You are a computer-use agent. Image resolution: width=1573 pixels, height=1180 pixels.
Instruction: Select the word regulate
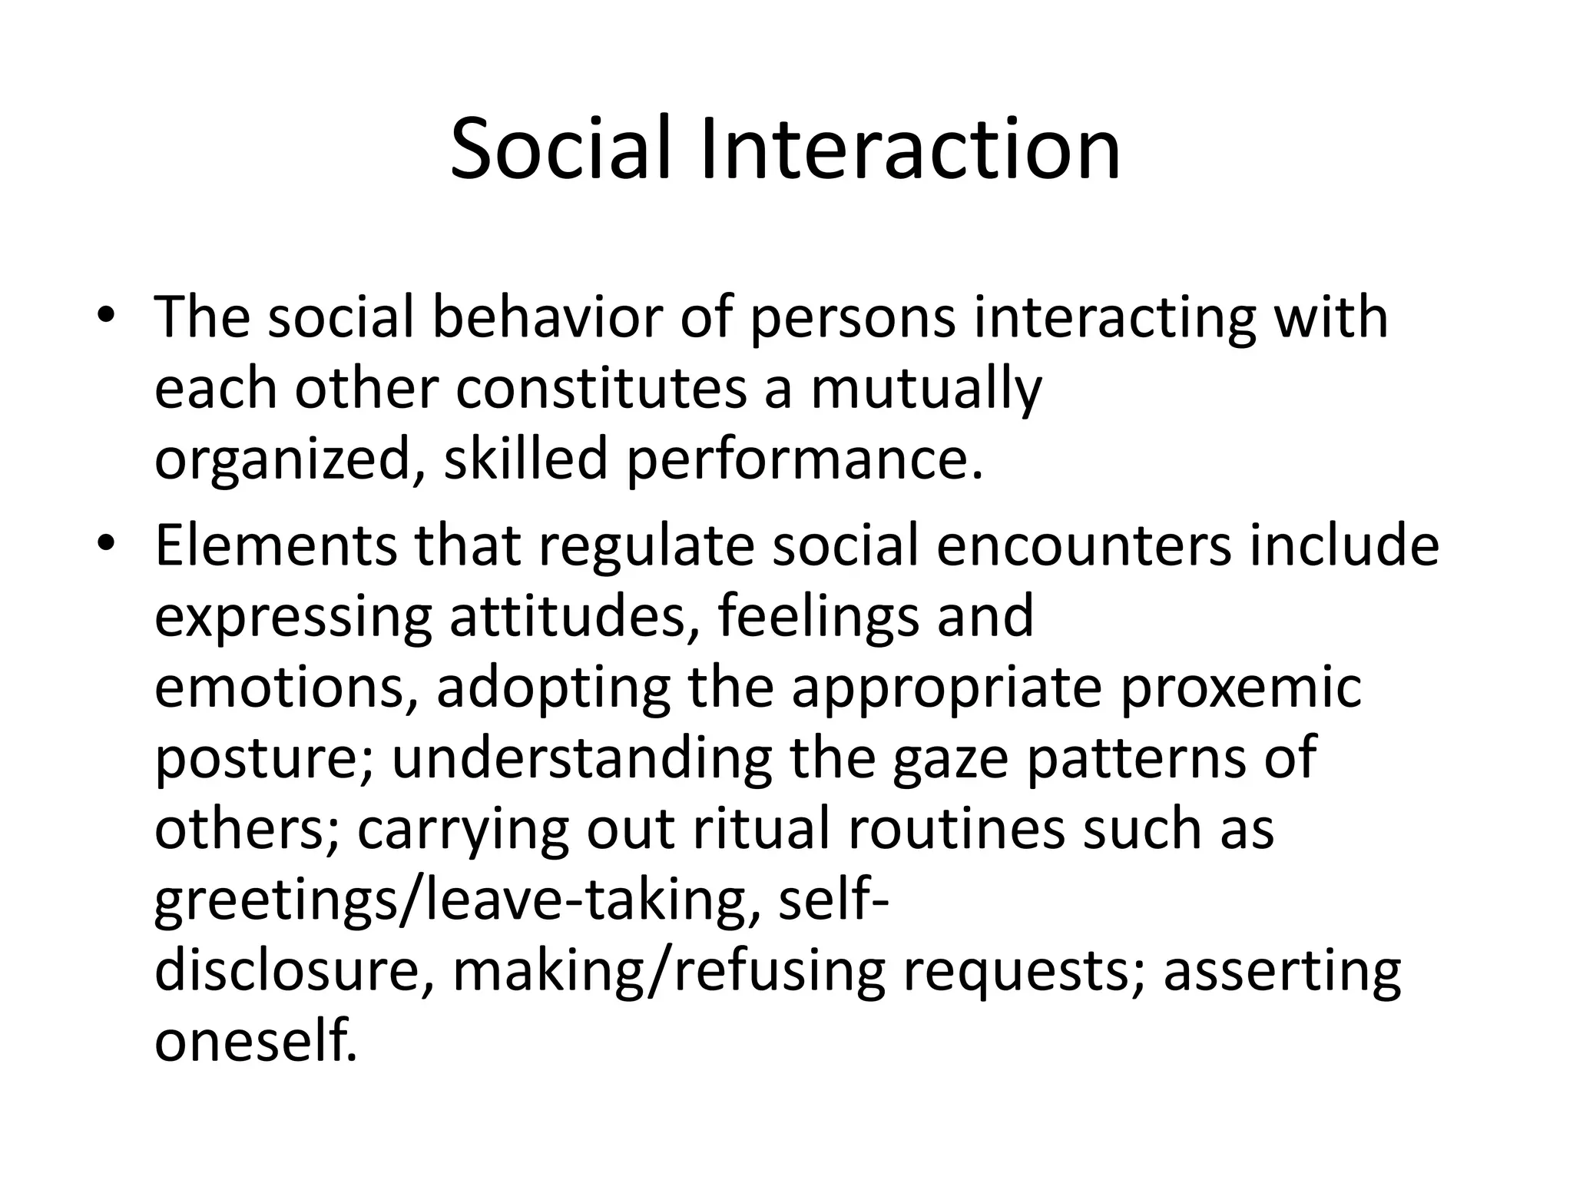pos(647,547)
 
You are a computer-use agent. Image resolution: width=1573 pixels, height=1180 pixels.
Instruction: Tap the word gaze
pos(949,760)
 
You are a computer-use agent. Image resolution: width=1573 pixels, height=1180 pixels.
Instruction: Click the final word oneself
pos(257,1041)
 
